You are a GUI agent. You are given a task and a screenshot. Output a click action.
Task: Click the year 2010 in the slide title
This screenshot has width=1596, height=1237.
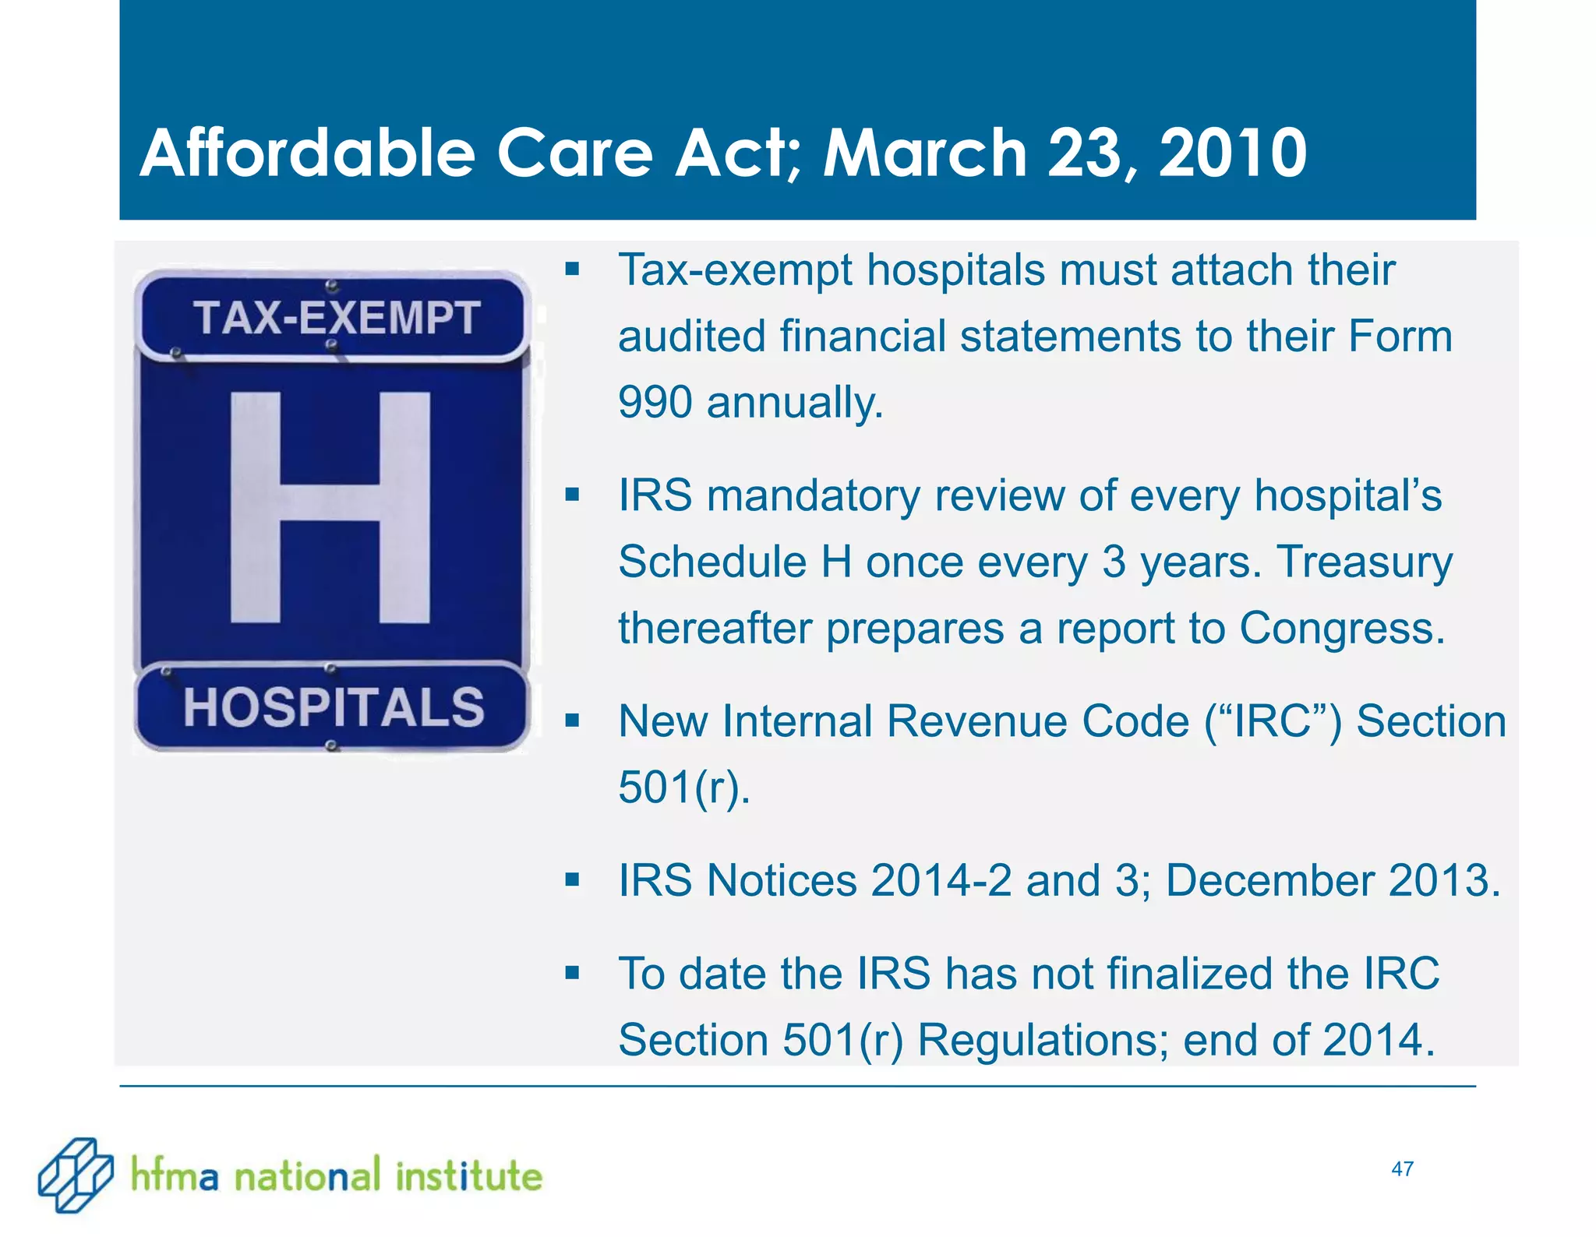coord(1233,153)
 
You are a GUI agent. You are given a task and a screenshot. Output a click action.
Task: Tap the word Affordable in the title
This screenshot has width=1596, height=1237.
coord(307,153)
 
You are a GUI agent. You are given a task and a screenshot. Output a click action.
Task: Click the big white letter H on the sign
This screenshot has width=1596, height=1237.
coord(330,507)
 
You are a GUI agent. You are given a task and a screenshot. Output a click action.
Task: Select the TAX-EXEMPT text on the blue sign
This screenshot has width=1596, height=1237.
coord(336,318)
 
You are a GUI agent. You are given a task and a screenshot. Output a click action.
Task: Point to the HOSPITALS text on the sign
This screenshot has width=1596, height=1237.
coord(334,707)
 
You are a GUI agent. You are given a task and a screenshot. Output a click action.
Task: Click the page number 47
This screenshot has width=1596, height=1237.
coord(1402,1168)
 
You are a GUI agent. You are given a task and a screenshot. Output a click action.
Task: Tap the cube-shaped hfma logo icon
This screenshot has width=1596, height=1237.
coord(75,1175)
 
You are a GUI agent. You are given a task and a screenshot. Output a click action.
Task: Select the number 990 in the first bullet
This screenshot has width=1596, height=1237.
coord(655,403)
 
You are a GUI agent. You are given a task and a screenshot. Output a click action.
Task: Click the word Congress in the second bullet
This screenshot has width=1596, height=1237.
coord(1342,628)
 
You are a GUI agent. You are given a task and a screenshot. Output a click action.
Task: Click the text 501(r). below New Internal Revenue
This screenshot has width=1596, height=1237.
coord(684,787)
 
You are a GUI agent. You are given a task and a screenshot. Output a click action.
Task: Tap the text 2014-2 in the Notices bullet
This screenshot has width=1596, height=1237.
coord(941,880)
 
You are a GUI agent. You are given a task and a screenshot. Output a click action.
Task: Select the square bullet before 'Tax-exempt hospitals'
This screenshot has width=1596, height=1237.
coord(573,270)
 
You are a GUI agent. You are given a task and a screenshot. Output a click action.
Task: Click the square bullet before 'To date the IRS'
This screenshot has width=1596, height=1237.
coord(573,973)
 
